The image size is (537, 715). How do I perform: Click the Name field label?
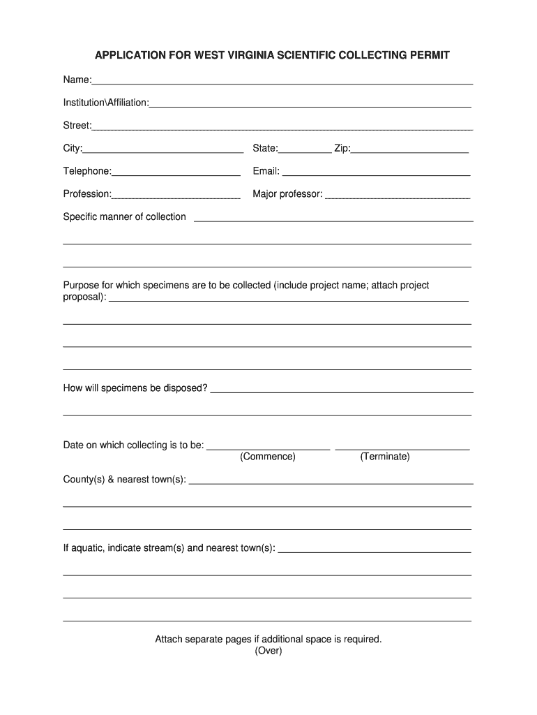[x=77, y=80]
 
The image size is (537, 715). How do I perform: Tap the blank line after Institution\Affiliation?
[x=310, y=105]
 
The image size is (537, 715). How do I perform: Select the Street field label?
[x=77, y=126]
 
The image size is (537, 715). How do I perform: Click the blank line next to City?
[x=163, y=150]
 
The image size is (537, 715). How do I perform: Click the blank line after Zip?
[x=410, y=150]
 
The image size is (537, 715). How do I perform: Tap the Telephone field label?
[x=87, y=171]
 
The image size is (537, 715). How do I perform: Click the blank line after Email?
[x=376, y=173]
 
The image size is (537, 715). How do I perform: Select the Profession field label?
[x=87, y=193]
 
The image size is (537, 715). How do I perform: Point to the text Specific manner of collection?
[x=124, y=216]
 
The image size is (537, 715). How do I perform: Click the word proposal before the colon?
[x=84, y=297]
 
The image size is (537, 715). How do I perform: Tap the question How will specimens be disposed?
[x=135, y=388]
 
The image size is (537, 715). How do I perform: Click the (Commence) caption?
[x=268, y=457]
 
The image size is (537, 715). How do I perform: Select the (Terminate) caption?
[x=385, y=457]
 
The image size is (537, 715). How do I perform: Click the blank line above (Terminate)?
[x=402, y=448]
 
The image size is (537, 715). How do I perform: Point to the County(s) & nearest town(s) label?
[x=124, y=480]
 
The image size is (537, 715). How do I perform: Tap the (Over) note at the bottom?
[x=268, y=651]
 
